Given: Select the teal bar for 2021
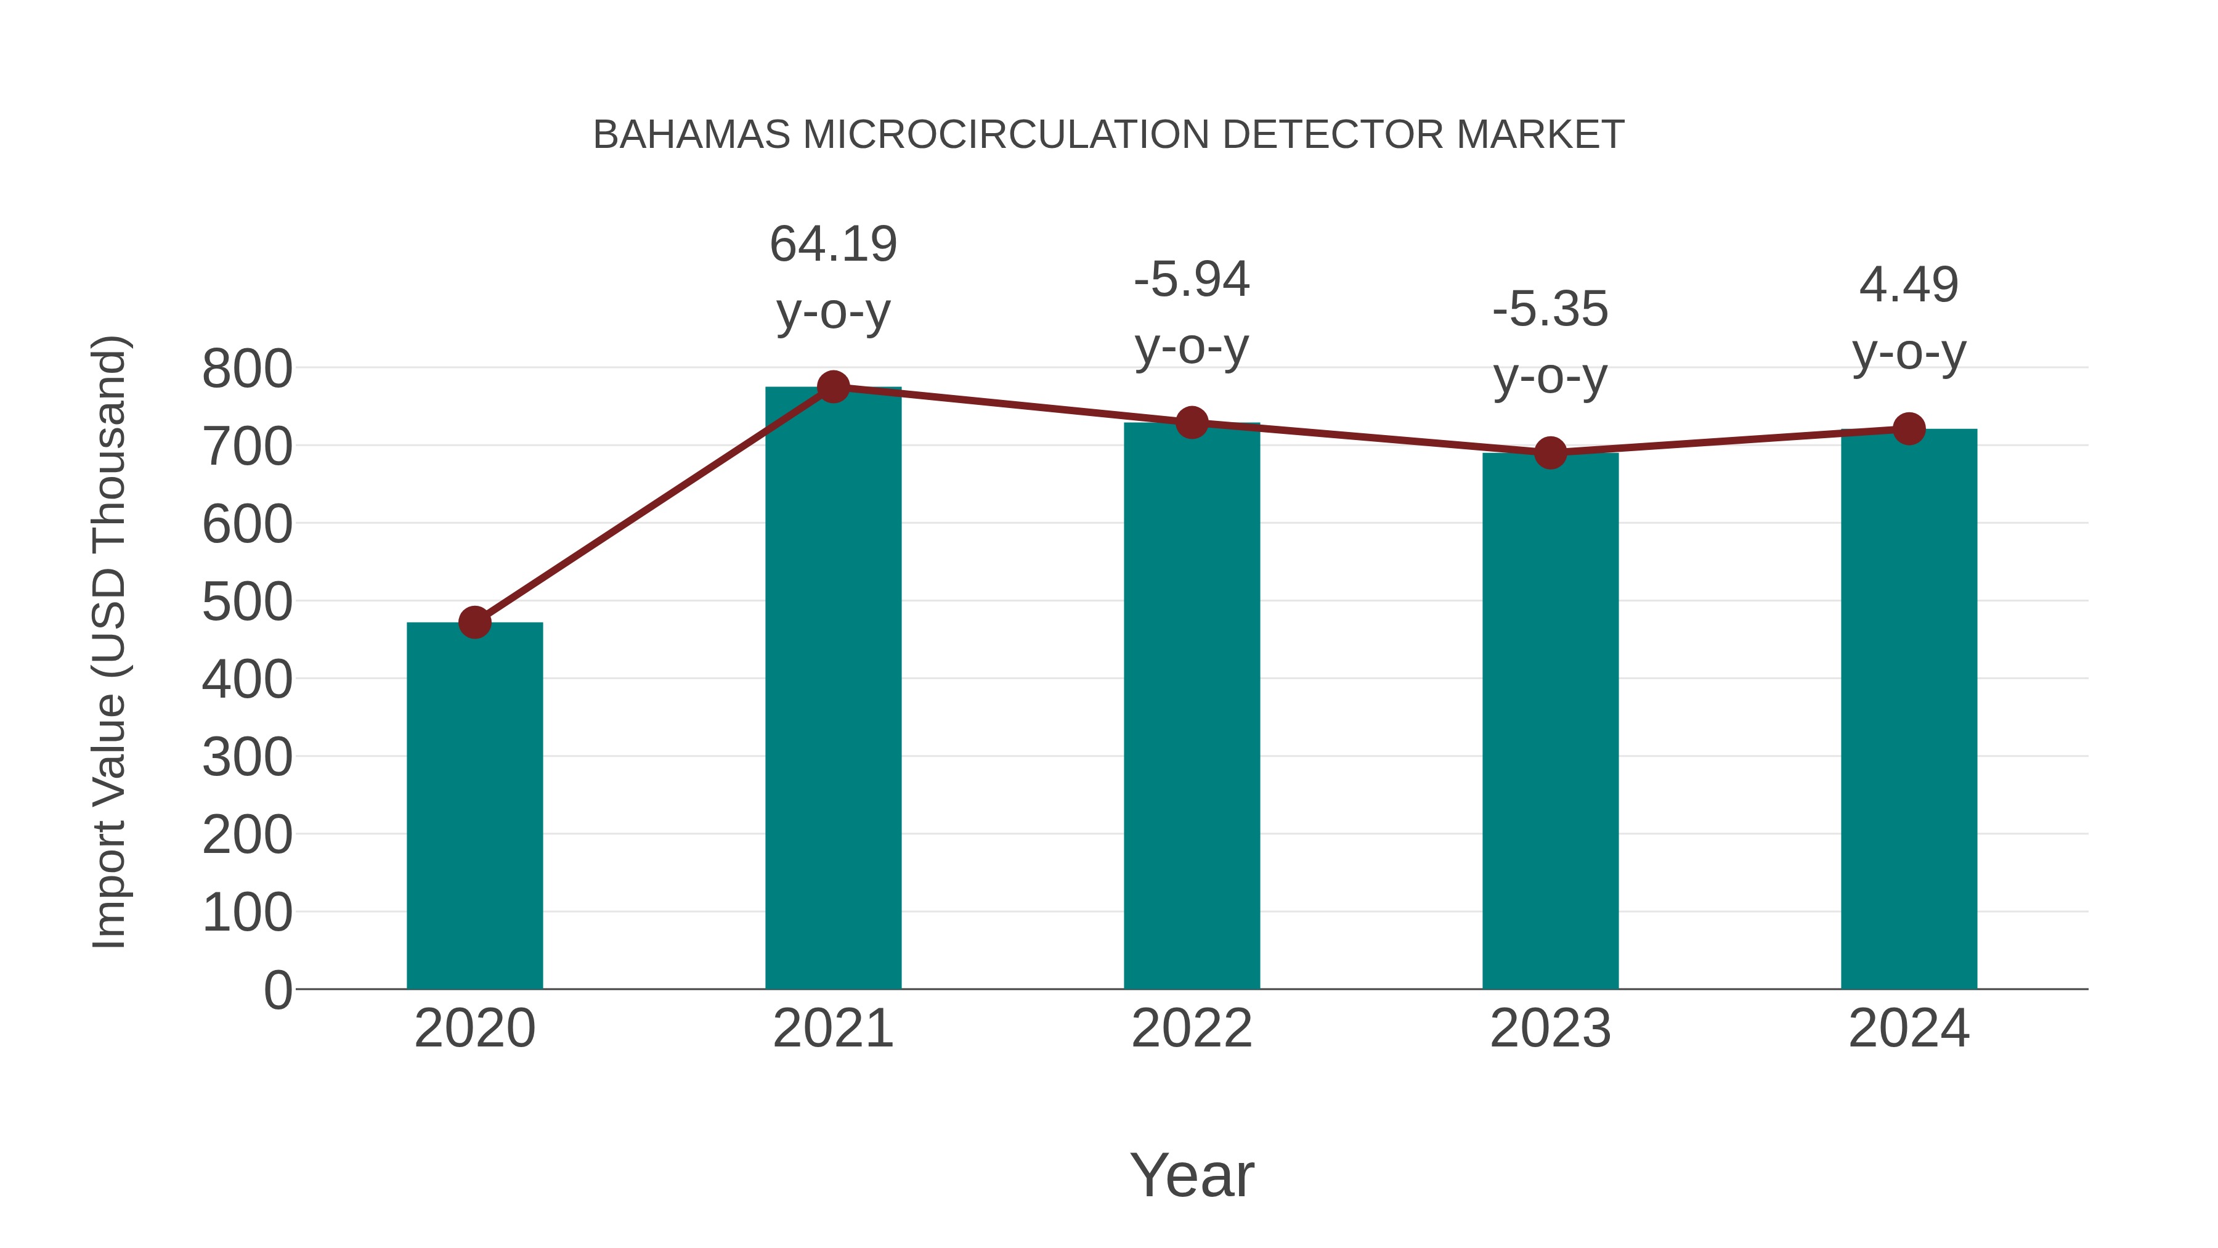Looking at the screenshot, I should click(x=832, y=689).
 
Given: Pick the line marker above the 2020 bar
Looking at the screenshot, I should click(x=474, y=622).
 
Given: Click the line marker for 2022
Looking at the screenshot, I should click(x=1192, y=423).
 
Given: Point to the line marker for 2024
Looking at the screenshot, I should click(x=1909, y=429).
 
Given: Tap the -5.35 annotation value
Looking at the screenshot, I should click(x=1550, y=309).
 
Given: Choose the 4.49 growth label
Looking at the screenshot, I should click(x=1909, y=285).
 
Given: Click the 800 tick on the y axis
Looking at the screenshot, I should click(x=247, y=370).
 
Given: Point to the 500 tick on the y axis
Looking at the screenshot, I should click(x=247, y=602).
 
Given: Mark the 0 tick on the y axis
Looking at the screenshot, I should click(x=277, y=990).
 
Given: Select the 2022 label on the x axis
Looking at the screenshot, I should click(x=1192, y=1029).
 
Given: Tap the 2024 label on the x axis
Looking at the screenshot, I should click(x=1909, y=1029).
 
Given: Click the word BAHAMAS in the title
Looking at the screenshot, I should click(x=691, y=135).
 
